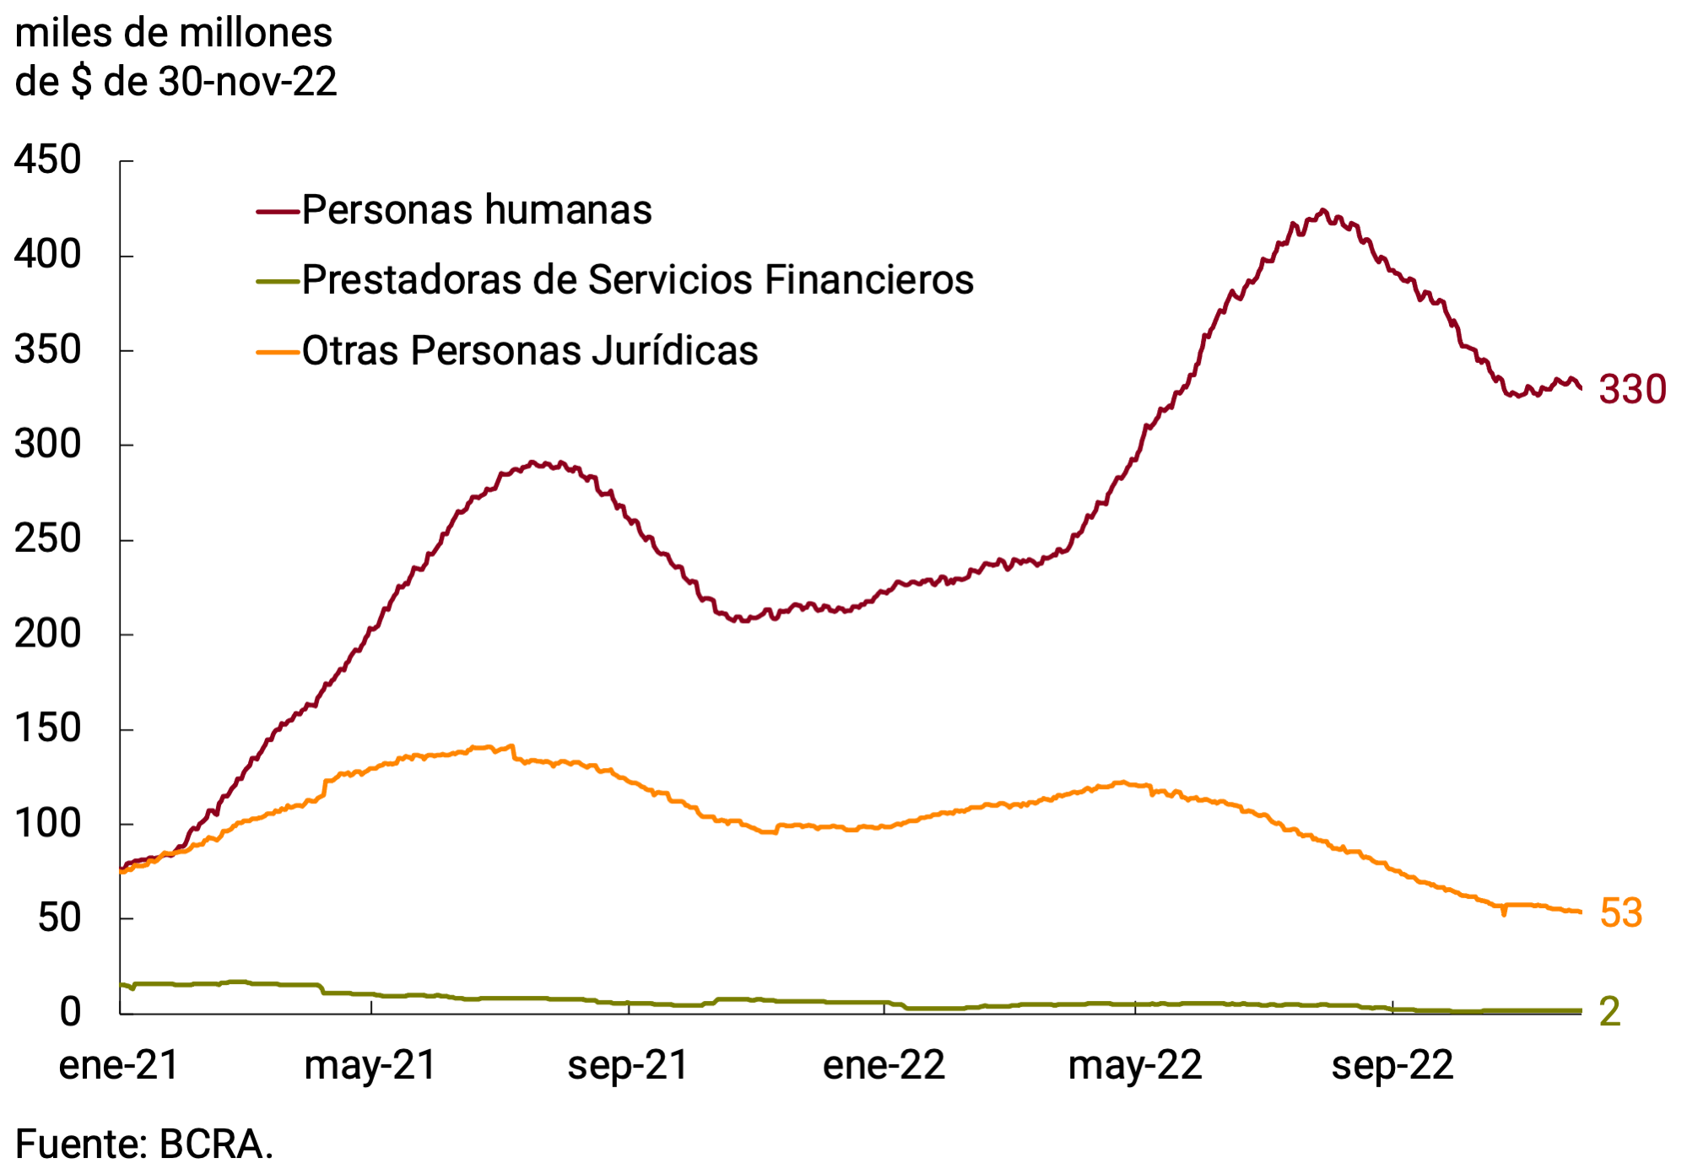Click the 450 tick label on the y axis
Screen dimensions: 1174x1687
pyautogui.click(x=48, y=160)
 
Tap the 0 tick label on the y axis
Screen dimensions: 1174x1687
pyautogui.click(x=71, y=1011)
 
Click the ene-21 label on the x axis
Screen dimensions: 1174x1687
pyautogui.click(x=119, y=1065)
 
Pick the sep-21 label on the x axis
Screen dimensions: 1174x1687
pyautogui.click(x=628, y=1065)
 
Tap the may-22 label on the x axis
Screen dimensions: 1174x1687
pyautogui.click(x=1134, y=1065)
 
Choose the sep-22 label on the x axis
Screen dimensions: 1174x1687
pyautogui.click(x=1392, y=1065)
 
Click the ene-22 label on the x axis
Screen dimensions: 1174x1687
pyautogui.click(x=884, y=1065)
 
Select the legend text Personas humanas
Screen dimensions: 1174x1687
pyautogui.click(x=477, y=209)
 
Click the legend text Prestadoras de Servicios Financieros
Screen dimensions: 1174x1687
pyautogui.click(x=638, y=279)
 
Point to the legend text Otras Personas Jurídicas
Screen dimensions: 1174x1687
pyautogui.click(x=530, y=350)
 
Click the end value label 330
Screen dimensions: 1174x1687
pyautogui.click(x=1632, y=390)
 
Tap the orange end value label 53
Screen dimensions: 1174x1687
pyautogui.click(x=1620, y=913)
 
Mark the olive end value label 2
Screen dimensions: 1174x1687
pyautogui.click(x=1610, y=1011)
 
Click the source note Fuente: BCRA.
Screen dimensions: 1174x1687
pyautogui.click(x=144, y=1144)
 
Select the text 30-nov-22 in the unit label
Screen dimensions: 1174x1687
pyautogui.click(x=248, y=82)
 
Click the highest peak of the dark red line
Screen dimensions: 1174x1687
pyautogui.click(x=1322, y=211)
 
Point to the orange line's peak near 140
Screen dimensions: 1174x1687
pyautogui.click(x=510, y=746)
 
